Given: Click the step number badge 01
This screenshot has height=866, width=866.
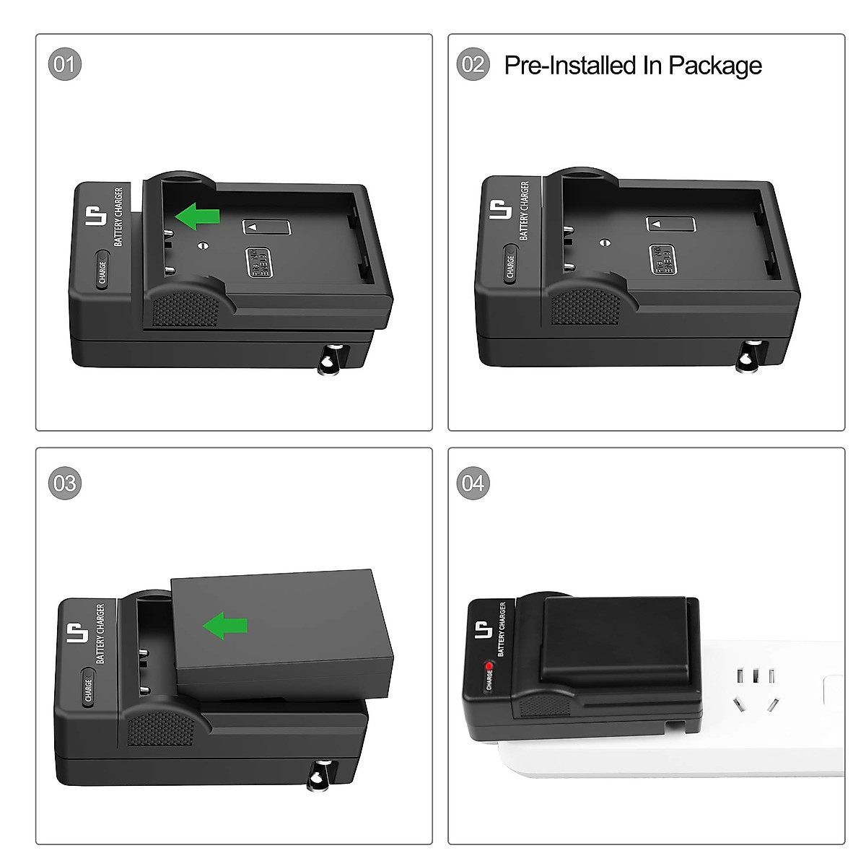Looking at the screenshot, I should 65,64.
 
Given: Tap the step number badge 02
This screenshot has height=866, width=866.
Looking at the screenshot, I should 473,64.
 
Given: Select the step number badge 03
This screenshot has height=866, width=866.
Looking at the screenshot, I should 65,483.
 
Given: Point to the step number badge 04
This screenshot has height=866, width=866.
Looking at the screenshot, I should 473,483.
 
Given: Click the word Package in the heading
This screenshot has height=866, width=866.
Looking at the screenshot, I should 714,66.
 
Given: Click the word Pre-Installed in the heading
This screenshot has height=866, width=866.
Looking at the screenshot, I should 571,66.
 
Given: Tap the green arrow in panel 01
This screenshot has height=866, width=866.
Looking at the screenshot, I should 198,216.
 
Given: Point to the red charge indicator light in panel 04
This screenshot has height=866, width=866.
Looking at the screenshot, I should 489,665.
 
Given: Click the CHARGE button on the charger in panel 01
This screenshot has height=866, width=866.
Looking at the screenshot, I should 102,271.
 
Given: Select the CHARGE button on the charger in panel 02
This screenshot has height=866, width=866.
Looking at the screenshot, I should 510,264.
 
